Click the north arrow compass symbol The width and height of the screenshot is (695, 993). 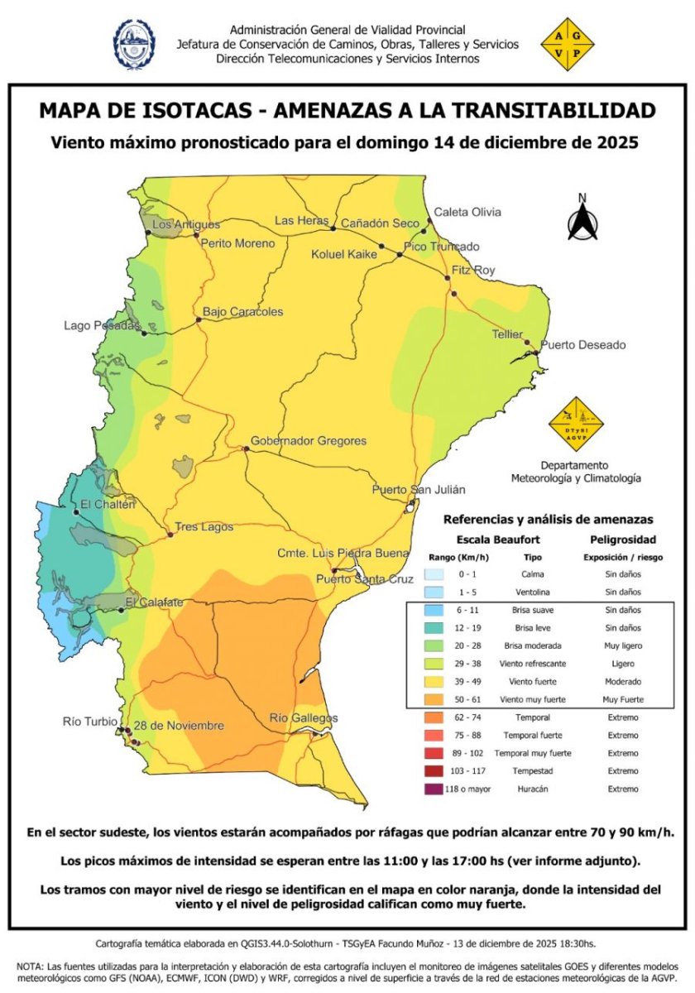[x=582, y=219]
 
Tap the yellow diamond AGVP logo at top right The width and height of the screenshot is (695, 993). [x=567, y=45]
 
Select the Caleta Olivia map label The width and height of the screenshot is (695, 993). [x=467, y=212]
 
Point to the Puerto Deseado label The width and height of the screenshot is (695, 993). [x=583, y=345]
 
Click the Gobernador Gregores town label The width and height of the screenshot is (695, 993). [x=309, y=441]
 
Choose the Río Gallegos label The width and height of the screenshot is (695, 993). [x=304, y=717]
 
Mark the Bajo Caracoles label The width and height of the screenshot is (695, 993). [x=243, y=312]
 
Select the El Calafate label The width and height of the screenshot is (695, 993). [x=154, y=602]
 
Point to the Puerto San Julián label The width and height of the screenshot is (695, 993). [x=419, y=490]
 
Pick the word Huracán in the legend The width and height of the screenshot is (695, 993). [x=533, y=789]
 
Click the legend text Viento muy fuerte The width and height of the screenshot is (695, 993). [x=533, y=699]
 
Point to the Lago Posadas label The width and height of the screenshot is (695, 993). [x=103, y=326]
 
